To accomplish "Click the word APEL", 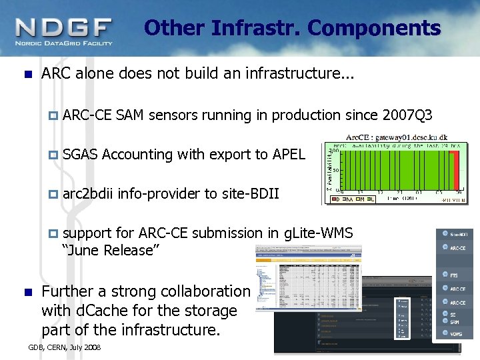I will coord(289,155).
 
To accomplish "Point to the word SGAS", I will coord(81,155).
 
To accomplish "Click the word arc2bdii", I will coord(88,194).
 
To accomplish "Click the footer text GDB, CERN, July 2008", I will coord(65,347).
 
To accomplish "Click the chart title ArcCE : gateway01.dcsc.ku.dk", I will coord(393,135).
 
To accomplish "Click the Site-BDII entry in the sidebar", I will coord(458,235).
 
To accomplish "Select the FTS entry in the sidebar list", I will coord(453,275).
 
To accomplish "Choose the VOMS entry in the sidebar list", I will coord(455,333).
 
